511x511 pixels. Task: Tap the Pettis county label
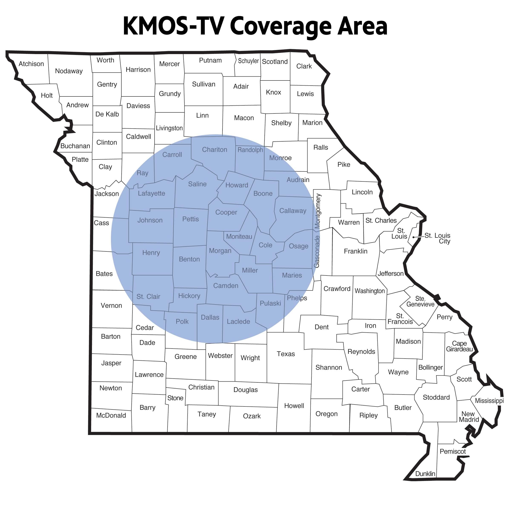(190, 219)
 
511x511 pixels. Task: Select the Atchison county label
(31, 64)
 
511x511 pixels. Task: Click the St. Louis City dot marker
(414, 237)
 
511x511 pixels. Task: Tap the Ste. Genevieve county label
(420, 301)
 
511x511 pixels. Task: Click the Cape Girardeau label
(459, 346)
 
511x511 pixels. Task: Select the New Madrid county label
(469, 417)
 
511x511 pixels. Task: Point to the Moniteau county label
(239, 237)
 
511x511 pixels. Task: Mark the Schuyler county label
(248, 61)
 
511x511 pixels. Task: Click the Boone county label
(263, 194)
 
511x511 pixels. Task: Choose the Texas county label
(286, 354)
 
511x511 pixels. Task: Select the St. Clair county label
(148, 297)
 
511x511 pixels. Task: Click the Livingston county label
(169, 128)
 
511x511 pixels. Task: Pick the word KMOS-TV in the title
(173, 26)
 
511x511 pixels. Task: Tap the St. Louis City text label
(438, 238)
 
